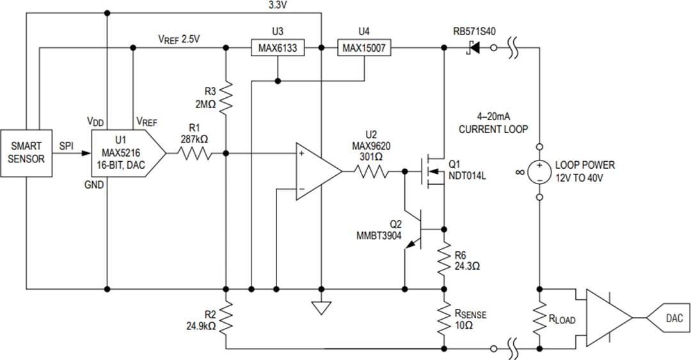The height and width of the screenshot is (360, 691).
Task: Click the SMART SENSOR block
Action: coord(26,153)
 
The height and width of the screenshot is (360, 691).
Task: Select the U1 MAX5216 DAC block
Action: coord(124,153)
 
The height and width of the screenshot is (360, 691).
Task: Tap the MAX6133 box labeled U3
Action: coord(276,47)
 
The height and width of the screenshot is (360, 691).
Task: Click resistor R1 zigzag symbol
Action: coord(195,153)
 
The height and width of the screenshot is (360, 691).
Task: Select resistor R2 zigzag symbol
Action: coord(226,318)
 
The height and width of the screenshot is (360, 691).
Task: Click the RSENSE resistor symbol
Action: coord(443,318)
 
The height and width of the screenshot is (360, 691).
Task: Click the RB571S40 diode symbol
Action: coord(473,47)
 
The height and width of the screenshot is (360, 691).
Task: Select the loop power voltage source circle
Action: coord(539,171)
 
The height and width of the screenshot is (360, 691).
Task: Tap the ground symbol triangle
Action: coord(321,308)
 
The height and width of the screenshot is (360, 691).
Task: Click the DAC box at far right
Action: coord(666,318)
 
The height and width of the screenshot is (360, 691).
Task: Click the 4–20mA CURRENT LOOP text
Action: coord(493,124)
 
